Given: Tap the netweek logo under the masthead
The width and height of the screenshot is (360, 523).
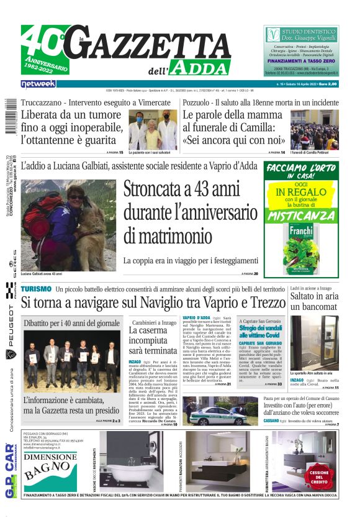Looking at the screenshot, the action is point(38,83).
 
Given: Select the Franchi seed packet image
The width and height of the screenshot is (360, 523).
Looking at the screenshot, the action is point(302,248).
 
